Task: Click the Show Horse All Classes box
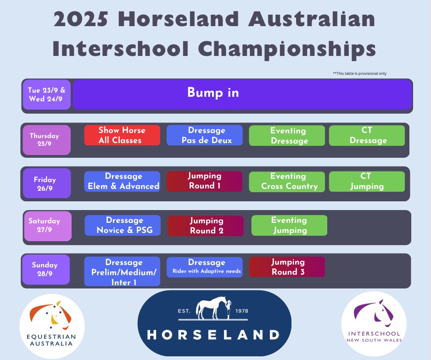[122, 135]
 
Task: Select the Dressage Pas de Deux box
[205, 135]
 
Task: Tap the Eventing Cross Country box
[287, 182]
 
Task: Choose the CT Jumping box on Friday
[367, 182]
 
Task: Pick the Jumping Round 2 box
[206, 226]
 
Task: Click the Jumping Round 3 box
[287, 267]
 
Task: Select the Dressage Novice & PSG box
[123, 226]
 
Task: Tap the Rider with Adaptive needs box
[205, 267]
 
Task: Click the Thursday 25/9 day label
[46, 140]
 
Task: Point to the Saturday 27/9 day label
[48, 226]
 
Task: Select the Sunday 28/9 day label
[46, 269]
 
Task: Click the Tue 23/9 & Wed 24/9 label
[46, 94]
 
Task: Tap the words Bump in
[213, 93]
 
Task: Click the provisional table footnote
[359, 73]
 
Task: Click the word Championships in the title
[287, 49]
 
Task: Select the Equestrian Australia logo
[52, 326]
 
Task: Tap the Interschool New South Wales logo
[374, 324]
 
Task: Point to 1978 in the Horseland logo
[242, 311]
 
